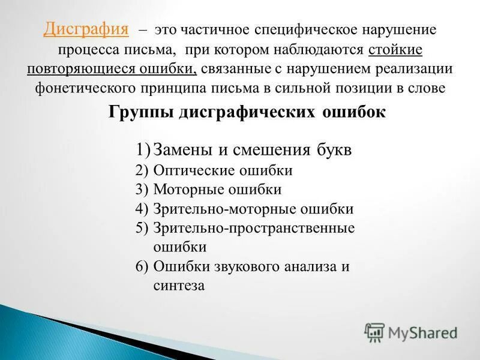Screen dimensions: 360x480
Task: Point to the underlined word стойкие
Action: [395, 49]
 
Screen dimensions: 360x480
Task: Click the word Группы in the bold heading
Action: [141, 112]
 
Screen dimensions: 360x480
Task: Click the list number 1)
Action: [142, 150]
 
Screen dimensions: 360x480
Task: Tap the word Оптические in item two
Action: [189, 170]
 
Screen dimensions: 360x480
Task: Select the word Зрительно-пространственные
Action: [254, 228]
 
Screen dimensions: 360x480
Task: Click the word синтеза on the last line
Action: [179, 286]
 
